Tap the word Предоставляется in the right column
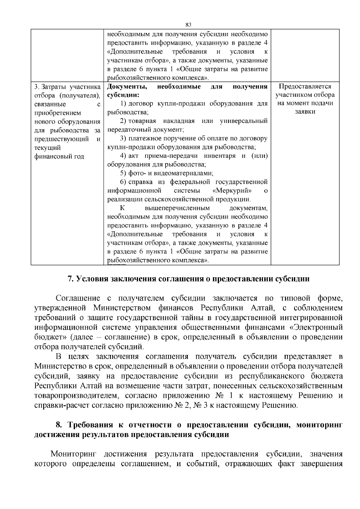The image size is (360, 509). pos(305,87)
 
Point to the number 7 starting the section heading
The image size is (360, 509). pos(70,279)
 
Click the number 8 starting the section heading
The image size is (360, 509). pos(59,425)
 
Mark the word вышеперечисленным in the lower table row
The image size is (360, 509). pos(177,208)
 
